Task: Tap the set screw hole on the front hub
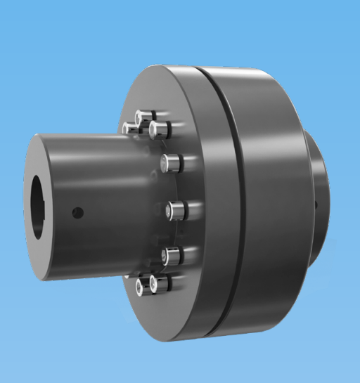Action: pyautogui.click(x=79, y=212)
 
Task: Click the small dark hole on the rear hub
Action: pyautogui.click(x=316, y=205)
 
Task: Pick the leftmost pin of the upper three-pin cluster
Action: pyautogui.click(x=129, y=128)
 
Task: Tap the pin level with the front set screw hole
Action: pyautogui.click(x=175, y=209)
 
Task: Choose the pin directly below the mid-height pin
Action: pyautogui.click(x=171, y=254)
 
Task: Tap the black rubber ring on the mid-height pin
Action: pyautogui.click(x=185, y=209)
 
